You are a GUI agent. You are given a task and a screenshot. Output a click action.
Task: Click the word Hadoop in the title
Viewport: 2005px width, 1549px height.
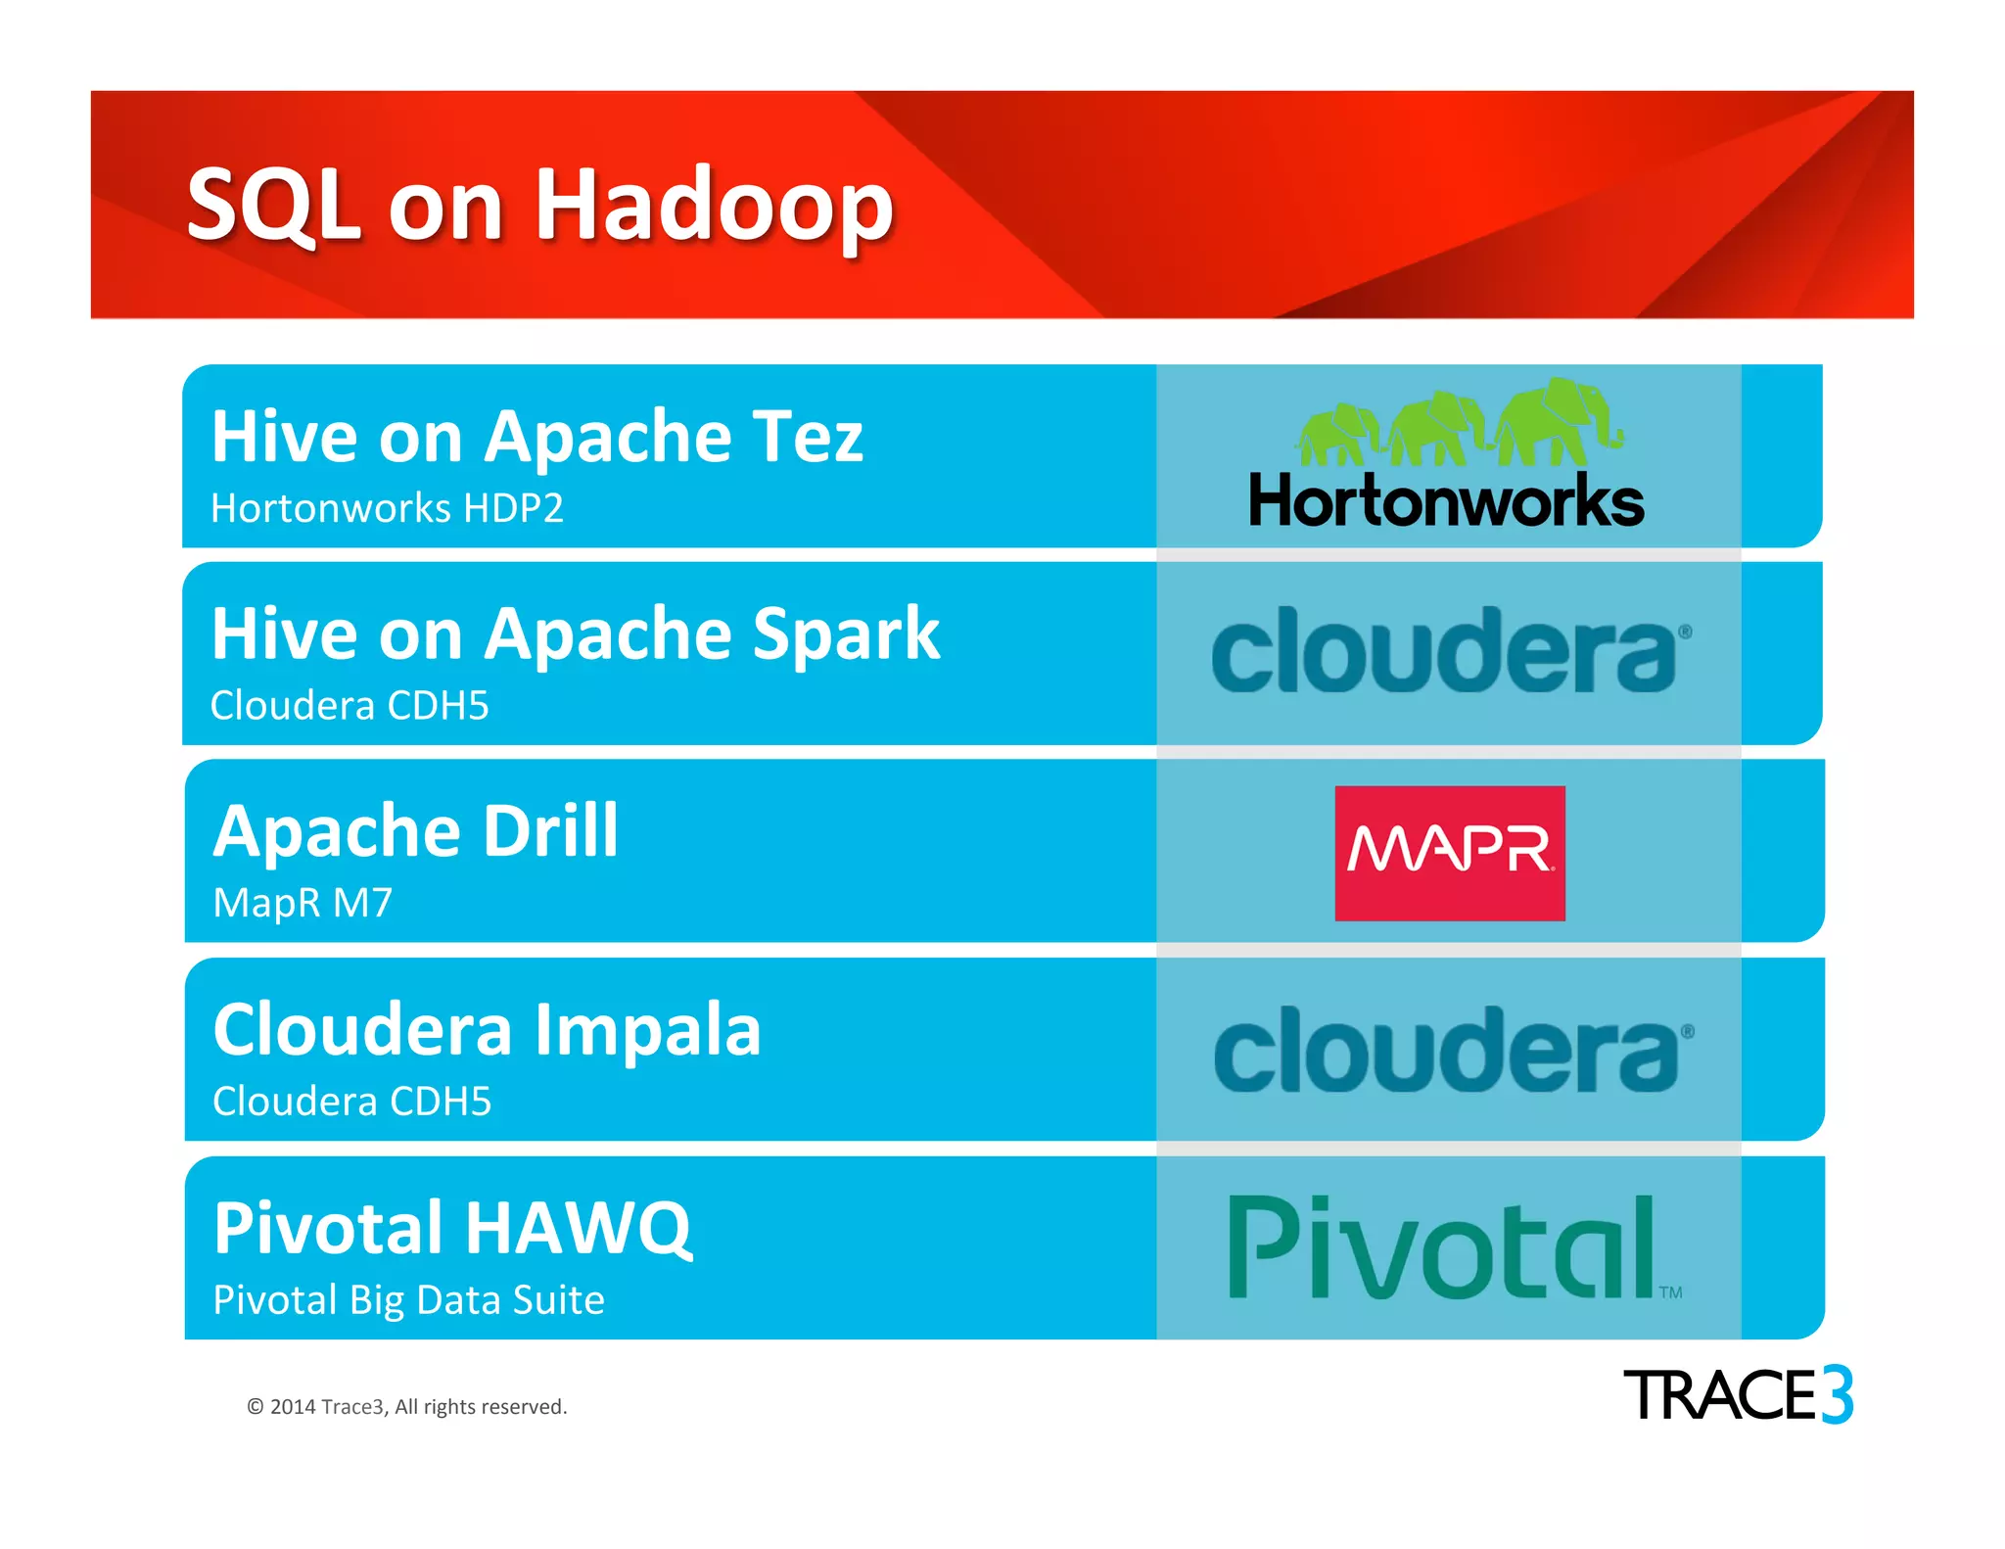tap(714, 206)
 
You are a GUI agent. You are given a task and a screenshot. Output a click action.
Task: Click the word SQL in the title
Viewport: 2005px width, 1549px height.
tap(274, 206)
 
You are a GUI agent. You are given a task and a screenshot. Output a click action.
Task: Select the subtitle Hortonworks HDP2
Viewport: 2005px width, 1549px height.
tap(387, 508)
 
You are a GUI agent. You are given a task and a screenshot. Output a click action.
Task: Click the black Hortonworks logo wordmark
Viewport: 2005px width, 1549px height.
tap(1446, 501)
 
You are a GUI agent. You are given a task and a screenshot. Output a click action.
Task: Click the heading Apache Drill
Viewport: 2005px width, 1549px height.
tap(416, 831)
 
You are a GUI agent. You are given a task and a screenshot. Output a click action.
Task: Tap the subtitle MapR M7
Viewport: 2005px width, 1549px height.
tap(303, 903)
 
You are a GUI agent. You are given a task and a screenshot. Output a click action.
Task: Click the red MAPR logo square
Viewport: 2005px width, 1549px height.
tap(1449, 853)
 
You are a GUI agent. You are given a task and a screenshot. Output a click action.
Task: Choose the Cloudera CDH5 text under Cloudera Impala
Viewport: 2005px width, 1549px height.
tap(351, 1102)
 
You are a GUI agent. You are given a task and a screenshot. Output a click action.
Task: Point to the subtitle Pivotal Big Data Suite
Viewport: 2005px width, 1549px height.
tap(408, 1300)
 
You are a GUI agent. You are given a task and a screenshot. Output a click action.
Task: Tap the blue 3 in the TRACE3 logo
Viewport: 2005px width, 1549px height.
tap(1837, 1394)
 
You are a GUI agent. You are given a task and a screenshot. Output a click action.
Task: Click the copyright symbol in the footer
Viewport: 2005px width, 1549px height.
tap(255, 1407)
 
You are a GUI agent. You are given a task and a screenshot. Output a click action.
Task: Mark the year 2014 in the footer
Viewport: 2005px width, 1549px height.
tap(292, 1407)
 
